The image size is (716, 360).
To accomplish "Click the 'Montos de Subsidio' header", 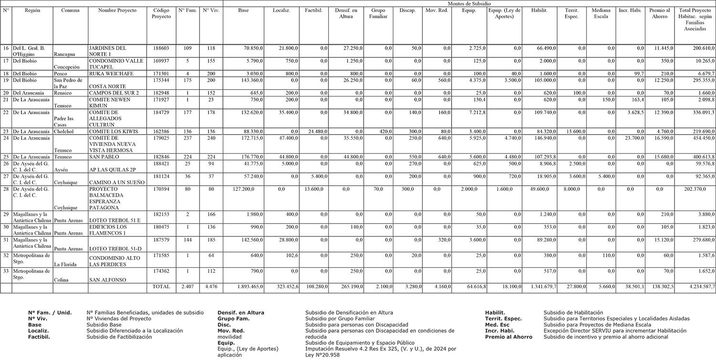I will [469, 3].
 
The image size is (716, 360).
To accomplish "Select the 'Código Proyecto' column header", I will [161, 13].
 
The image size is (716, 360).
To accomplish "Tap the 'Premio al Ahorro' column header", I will [660, 13].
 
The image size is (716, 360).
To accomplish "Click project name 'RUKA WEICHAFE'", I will [111, 74].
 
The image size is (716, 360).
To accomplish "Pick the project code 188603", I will [161, 48].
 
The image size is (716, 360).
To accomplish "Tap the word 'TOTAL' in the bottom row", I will [161, 286].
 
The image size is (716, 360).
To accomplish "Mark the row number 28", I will [6, 189].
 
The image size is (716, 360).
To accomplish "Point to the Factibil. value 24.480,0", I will [316, 131].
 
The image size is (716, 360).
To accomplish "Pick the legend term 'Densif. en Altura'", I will [241, 313].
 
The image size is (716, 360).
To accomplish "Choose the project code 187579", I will [161, 240].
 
